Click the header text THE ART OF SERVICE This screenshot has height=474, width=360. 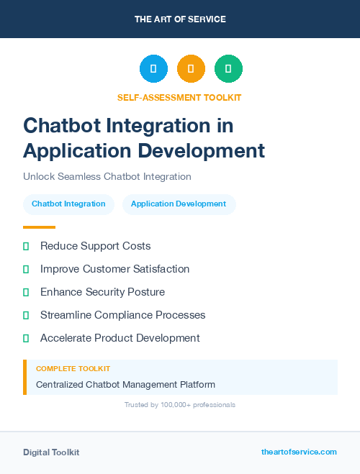click(x=180, y=19)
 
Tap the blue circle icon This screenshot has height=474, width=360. click(x=153, y=69)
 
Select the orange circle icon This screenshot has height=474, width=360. click(x=191, y=69)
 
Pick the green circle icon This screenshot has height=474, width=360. click(x=228, y=69)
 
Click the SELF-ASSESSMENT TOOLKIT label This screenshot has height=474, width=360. click(x=179, y=97)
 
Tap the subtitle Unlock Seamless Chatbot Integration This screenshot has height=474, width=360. click(x=107, y=176)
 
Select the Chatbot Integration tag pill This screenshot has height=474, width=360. click(x=68, y=204)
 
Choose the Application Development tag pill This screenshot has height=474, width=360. click(x=179, y=204)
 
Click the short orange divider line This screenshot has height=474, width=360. click(x=39, y=227)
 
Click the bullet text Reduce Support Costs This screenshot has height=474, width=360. click(x=95, y=246)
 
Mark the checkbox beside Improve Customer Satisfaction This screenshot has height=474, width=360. click(x=26, y=269)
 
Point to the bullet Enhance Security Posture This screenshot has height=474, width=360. click(x=102, y=292)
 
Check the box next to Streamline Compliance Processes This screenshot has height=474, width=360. click(x=26, y=315)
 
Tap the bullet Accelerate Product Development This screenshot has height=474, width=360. click(x=120, y=338)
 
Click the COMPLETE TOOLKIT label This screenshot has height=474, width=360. click(x=73, y=368)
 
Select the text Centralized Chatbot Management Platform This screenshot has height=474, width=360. click(x=125, y=385)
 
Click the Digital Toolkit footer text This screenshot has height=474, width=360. click(x=51, y=452)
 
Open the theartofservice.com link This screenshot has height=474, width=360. click(x=299, y=452)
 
